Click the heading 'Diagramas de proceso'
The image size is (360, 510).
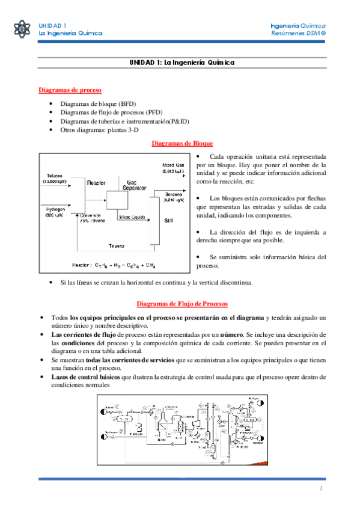pyautogui.click(x=70, y=90)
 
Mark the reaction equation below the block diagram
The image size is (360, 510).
pyautogui.click(x=114, y=265)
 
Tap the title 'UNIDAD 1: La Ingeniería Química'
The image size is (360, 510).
pyautogui.click(x=182, y=63)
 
